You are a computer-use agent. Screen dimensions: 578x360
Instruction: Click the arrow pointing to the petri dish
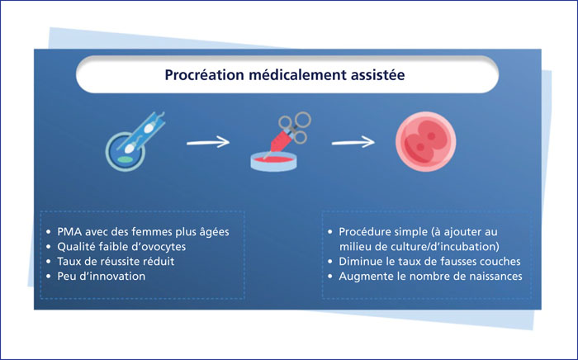coord(208,142)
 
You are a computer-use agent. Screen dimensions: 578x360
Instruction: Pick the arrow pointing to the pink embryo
coord(353,142)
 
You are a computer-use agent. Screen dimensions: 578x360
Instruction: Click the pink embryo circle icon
coord(426,141)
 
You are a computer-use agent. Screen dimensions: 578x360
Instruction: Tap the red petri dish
coord(273,162)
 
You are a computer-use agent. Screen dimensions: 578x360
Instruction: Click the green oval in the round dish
coord(125,159)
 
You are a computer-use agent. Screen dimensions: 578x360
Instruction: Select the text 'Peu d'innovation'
coord(101,276)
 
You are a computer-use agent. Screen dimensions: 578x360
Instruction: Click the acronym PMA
coord(69,232)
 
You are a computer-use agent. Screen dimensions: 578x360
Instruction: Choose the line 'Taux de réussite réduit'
coord(116,261)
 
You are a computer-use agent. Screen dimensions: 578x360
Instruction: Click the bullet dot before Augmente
coord(330,277)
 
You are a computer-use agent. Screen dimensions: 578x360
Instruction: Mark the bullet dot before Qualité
coord(49,247)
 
